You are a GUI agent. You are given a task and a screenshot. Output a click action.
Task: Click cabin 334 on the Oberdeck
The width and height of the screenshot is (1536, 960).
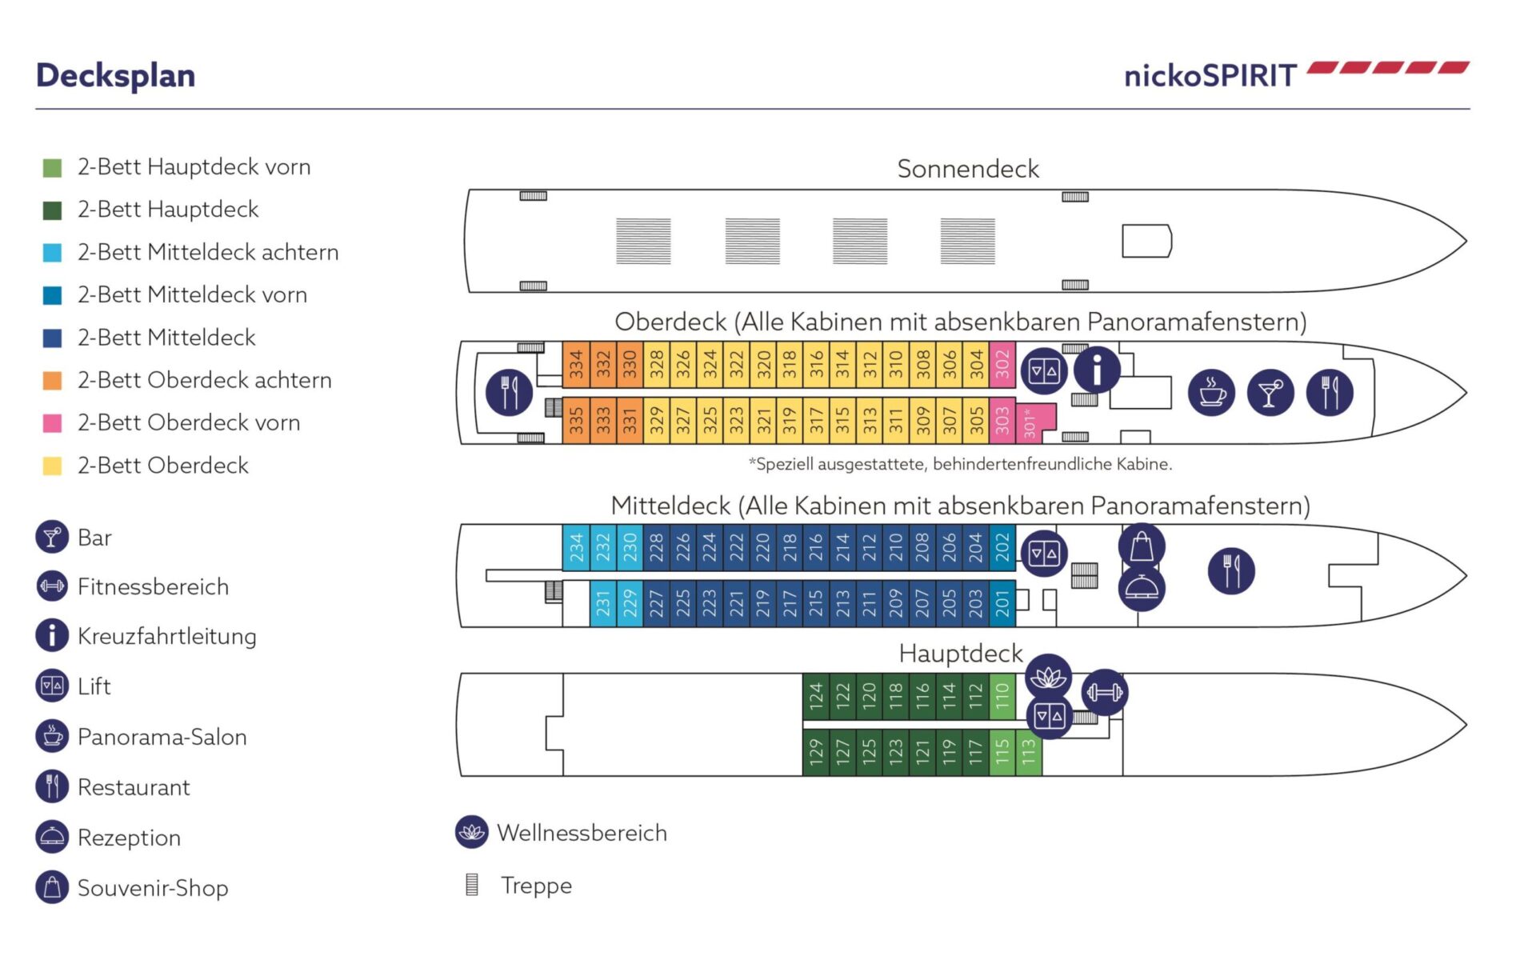pyautogui.click(x=576, y=365)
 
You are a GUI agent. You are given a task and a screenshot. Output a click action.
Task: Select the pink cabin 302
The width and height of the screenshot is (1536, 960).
pyautogui.click(x=1002, y=365)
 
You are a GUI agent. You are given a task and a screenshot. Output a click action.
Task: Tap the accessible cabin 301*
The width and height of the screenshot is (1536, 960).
pyautogui.click(x=1031, y=422)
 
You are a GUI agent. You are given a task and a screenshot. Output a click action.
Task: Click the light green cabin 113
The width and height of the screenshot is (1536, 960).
pyautogui.click(x=1029, y=752)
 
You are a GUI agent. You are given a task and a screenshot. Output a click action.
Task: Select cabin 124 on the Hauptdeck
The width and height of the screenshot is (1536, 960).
pyautogui.click(x=815, y=696)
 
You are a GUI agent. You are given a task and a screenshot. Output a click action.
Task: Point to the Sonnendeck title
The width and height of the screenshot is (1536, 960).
pyautogui.click(x=967, y=169)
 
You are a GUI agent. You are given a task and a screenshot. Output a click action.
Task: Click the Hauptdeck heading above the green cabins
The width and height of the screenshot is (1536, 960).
pyautogui.click(x=960, y=654)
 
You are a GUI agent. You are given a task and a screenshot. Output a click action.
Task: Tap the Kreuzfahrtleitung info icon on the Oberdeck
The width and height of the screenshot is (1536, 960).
pyautogui.click(x=1096, y=370)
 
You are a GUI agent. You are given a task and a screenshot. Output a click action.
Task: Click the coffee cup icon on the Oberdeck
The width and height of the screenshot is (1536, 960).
pyautogui.click(x=1211, y=393)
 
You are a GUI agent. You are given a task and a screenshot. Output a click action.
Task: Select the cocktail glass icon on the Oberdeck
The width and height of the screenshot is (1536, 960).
pyautogui.click(x=1270, y=393)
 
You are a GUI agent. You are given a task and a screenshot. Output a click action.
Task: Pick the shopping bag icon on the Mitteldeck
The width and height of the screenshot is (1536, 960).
pyautogui.click(x=1142, y=547)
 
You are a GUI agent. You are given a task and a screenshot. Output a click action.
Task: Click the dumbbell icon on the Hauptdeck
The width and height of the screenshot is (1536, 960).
pyautogui.click(x=1105, y=692)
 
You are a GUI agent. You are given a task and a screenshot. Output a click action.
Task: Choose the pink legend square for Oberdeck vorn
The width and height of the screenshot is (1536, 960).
pyautogui.click(x=52, y=423)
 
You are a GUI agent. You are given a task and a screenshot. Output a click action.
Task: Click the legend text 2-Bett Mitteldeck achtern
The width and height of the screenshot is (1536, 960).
pyautogui.click(x=208, y=252)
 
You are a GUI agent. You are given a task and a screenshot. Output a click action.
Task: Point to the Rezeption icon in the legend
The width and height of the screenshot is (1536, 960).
pyautogui.click(x=52, y=838)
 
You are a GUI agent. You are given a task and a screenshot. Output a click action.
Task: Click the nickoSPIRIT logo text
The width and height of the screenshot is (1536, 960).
pyautogui.click(x=1210, y=76)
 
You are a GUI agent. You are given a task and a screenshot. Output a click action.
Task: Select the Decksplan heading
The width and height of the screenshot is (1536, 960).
pyautogui.click(x=116, y=76)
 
